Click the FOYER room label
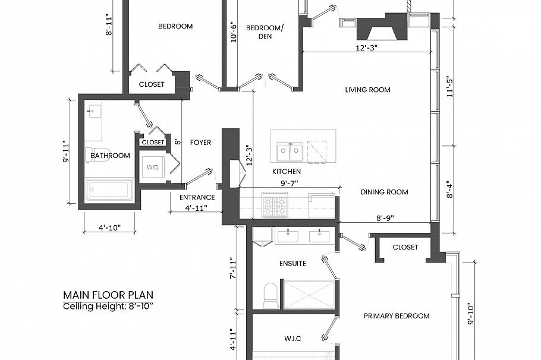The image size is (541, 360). click(200, 143)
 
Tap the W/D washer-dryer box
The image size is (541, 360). click(153, 168)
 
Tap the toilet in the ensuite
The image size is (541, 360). click(271, 295)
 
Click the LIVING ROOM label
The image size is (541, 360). click(367, 90)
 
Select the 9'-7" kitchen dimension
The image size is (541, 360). click(289, 184)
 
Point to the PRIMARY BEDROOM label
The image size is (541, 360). click(397, 316)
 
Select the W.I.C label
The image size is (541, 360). click(293, 339)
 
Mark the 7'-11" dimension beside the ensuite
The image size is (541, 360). click(233, 268)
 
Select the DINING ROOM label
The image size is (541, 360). click(384, 192)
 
